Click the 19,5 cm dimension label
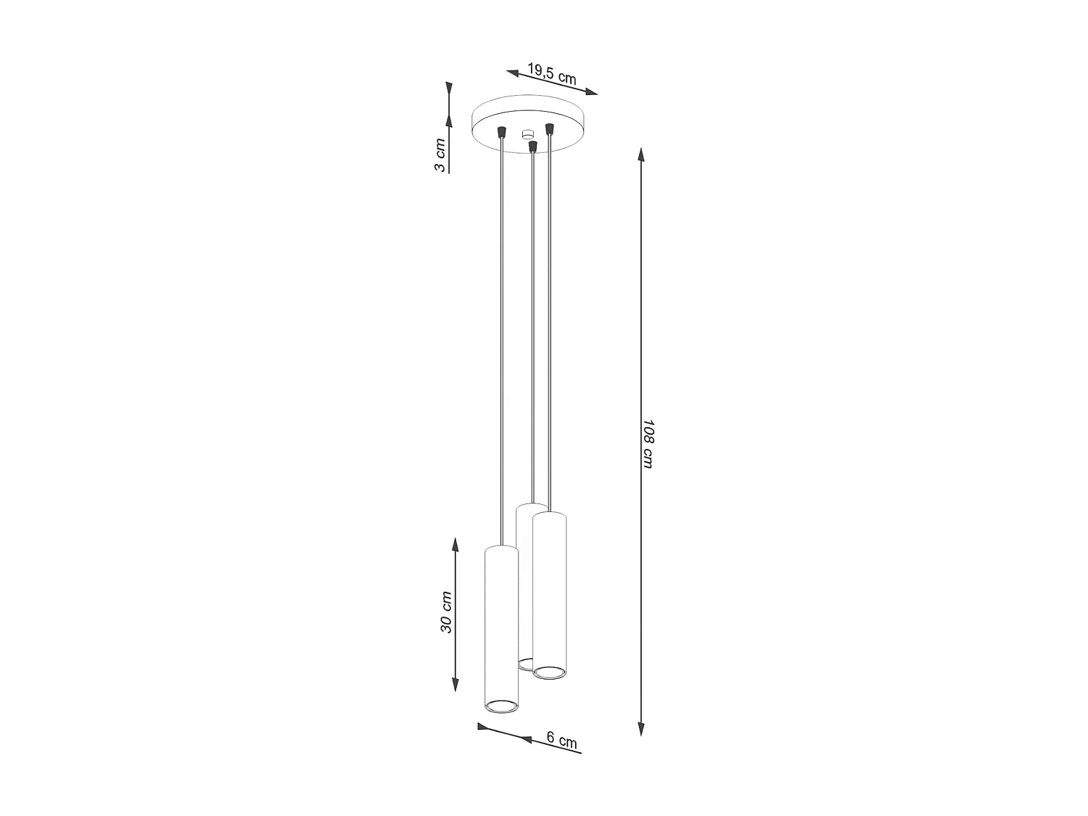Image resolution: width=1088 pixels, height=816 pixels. point(551,74)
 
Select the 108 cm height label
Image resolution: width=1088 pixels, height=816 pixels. point(648,443)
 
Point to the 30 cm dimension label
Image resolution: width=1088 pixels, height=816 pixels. point(446,611)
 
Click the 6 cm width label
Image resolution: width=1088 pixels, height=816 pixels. point(562,741)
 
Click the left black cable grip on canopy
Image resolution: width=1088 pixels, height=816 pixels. point(500,133)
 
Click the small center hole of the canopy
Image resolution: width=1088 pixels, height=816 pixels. point(527,133)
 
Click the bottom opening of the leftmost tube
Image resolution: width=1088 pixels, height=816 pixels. point(501,704)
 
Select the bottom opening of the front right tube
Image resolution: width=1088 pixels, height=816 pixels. point(550,672)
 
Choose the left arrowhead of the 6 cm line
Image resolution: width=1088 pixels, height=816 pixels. point(483,726)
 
